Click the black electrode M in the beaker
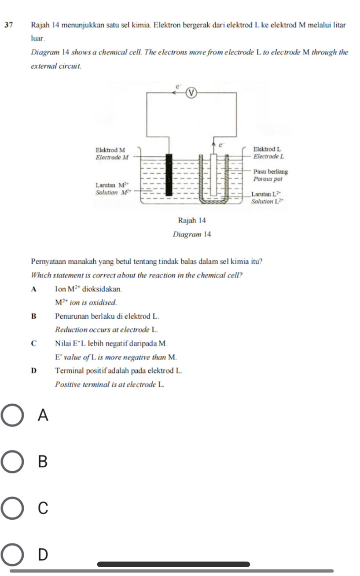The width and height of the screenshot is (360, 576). point(169,175)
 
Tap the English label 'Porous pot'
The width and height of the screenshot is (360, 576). point(268,179)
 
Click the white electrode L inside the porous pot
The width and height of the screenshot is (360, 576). point(213,175)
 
